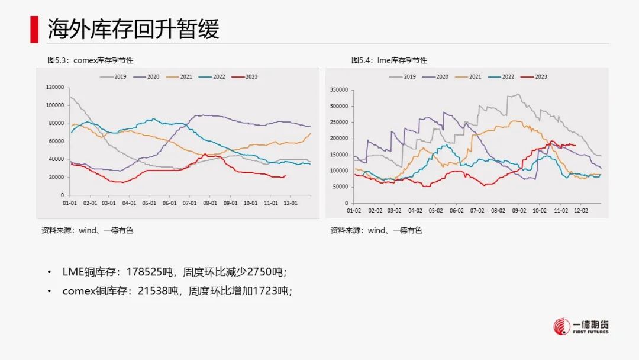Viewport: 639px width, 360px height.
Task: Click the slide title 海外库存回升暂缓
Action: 133,28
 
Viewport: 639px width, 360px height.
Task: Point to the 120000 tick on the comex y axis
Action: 54,87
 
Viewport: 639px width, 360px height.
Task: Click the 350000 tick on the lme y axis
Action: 339,91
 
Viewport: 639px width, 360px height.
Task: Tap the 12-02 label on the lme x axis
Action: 581,210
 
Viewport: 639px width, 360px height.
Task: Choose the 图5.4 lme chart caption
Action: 389,60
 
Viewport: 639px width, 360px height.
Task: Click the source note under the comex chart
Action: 87,230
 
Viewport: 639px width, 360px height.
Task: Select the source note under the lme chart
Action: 376,230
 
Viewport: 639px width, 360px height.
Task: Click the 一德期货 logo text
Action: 591,324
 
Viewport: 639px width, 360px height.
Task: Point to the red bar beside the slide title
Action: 34,28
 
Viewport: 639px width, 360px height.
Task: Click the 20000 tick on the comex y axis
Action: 56,177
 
